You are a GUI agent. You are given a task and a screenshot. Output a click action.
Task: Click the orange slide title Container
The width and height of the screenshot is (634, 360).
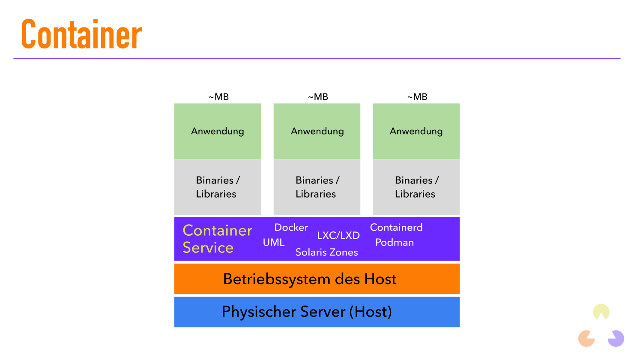coord(81,34)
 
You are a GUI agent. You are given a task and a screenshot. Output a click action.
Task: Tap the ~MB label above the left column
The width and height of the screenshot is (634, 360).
coord(218,97)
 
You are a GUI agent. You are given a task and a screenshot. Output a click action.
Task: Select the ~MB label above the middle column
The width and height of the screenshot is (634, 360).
coord(318,97)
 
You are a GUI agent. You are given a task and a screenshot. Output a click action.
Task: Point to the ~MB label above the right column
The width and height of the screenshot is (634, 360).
coord(417,97)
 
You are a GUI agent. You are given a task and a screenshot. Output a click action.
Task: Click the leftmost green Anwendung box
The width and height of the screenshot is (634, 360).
coord(218,131)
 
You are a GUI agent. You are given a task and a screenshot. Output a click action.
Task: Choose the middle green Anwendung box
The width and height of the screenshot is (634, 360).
coord(317,131)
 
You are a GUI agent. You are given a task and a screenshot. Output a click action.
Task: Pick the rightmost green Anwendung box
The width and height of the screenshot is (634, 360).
coord(416,131)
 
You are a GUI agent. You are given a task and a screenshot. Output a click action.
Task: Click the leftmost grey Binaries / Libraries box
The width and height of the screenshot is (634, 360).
coord(218,187)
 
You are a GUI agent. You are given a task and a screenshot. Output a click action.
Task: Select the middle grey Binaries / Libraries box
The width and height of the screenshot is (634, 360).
coord(317,187)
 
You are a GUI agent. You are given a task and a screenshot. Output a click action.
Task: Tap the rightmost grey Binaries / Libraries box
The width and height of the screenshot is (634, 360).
coord(416,187)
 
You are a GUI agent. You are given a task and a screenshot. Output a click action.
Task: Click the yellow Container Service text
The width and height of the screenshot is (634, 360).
coord(217,239)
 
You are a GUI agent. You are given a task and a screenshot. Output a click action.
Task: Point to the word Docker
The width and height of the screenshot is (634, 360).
coord(291,228)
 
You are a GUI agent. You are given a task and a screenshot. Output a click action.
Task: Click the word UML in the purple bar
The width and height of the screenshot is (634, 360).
coord(274,243)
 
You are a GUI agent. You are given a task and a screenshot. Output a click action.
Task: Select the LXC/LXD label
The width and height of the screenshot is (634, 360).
coord(338,235)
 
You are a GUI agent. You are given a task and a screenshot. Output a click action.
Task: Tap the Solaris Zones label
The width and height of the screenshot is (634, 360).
coord(326,252)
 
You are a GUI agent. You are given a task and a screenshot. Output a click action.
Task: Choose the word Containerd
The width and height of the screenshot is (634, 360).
coord(396,228)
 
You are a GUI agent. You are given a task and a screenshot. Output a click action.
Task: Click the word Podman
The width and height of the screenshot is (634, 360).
coord(395,243)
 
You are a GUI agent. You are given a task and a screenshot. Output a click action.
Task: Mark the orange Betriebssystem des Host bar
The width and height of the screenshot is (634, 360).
coord(317,279)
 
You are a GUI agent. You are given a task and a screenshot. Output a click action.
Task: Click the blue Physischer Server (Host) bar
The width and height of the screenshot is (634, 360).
coord(317,312)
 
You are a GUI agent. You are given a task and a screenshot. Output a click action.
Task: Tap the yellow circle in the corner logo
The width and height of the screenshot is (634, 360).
coord(601,311)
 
